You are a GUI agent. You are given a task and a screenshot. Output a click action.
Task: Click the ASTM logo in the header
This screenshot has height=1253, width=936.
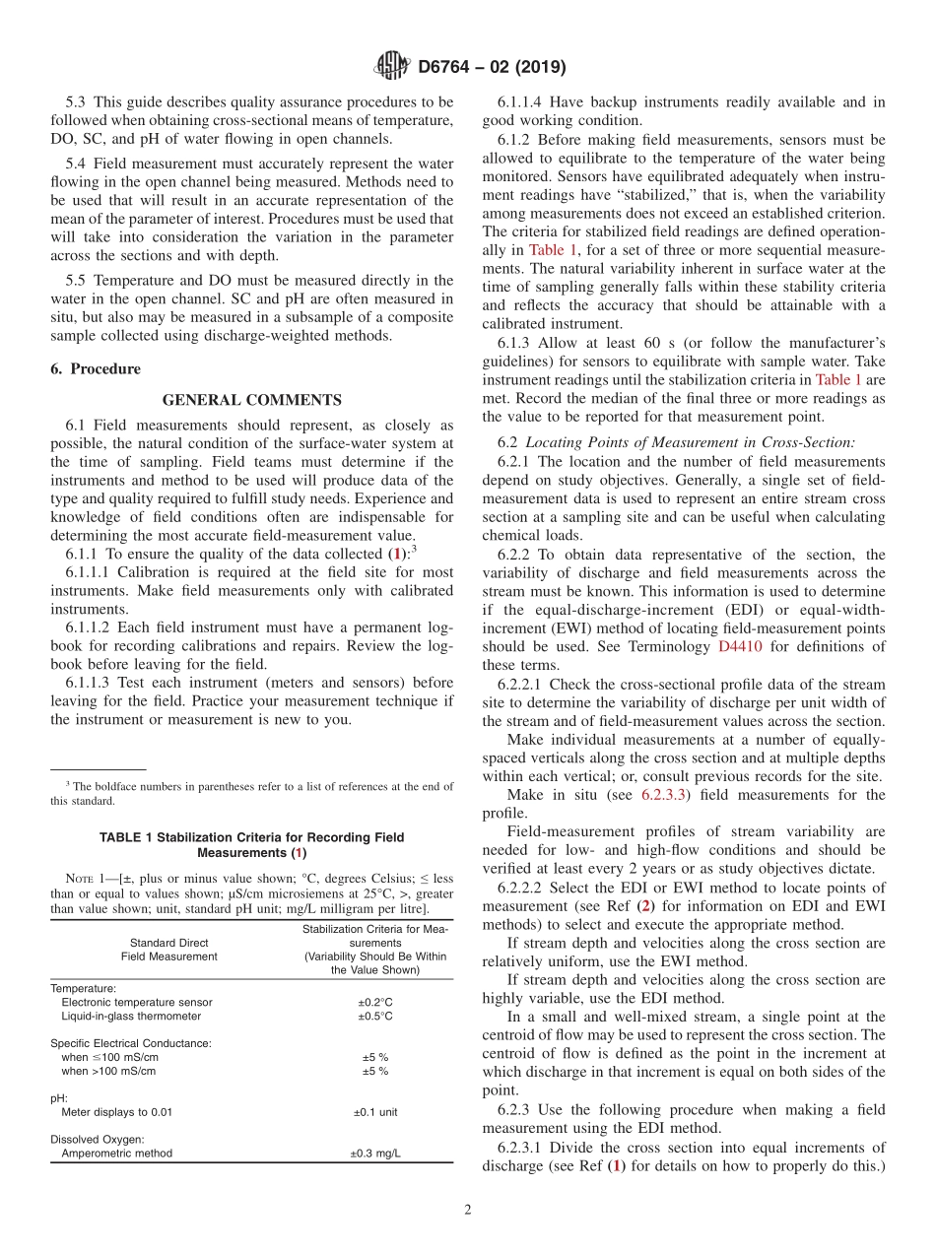click(392, 67)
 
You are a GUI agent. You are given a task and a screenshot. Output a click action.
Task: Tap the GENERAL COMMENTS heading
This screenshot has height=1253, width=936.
click(251, 400)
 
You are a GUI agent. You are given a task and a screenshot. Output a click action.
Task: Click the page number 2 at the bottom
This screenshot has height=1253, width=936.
click(468, 1211)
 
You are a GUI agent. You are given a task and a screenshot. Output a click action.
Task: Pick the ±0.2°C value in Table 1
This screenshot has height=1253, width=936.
click(375, 1002)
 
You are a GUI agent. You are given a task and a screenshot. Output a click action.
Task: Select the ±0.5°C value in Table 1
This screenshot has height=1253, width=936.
click(375, 1016)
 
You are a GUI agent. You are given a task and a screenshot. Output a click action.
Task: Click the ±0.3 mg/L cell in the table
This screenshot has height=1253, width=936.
click(375, 1153)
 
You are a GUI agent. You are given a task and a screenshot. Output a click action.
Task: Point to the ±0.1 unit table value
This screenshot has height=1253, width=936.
click(375, 1112)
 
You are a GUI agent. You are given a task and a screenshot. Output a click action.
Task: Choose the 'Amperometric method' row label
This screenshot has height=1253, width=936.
click(116, 1153)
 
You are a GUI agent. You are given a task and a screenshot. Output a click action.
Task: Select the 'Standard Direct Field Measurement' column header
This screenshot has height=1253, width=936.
click(168, 949)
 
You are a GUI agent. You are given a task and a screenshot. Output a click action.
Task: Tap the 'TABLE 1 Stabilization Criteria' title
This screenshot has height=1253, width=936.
click(251, 844)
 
